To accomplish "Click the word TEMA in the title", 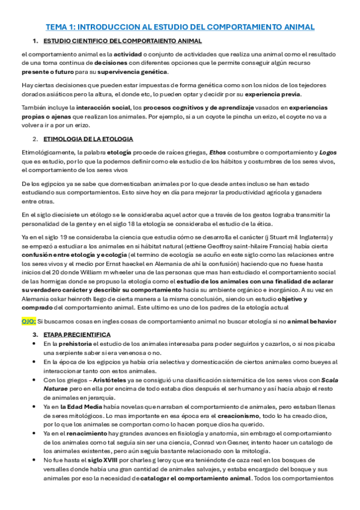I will (x=57, y=28).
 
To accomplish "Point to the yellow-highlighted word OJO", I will (x=28, y=321).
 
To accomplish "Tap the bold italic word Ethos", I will (x=218, y=152).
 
